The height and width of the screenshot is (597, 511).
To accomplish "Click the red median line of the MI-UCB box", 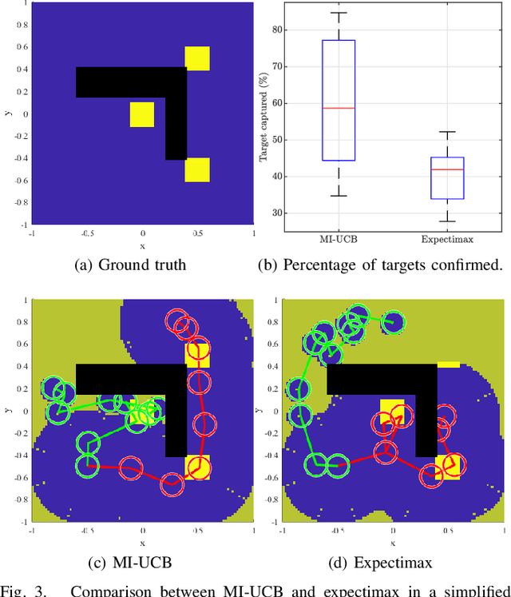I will [x=339, y=108].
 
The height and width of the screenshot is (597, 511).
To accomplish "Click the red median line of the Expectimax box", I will [x=446, y=169].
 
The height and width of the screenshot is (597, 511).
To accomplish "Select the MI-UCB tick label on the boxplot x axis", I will [x=339, y=237].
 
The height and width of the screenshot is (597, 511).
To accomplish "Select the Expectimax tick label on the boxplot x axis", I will [x=446, y=237].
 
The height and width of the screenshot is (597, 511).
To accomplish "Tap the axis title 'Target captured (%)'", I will [x=263, y=121].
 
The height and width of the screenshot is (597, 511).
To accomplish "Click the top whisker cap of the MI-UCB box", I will [x=339, y=13].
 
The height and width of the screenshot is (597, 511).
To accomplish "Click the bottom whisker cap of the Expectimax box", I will [x=446, y=221].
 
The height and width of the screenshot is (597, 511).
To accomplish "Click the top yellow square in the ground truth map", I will [x=197, y=58].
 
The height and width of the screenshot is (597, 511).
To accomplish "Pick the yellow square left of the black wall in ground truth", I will [x=142, y=114].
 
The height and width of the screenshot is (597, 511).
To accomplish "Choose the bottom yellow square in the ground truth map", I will [x=197, y=169].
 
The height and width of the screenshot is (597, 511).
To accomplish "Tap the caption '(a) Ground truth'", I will [x=142, y=265].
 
